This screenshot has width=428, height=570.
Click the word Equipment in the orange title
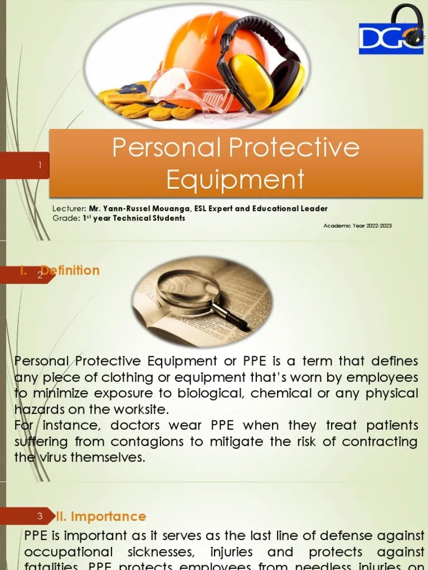pyautogui.click(x=235, y=179)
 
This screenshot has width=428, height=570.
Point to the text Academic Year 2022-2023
pyautogui.click(x=357, y=225)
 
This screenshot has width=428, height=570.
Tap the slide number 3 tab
pyautogui.click(x=40, y=516)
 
